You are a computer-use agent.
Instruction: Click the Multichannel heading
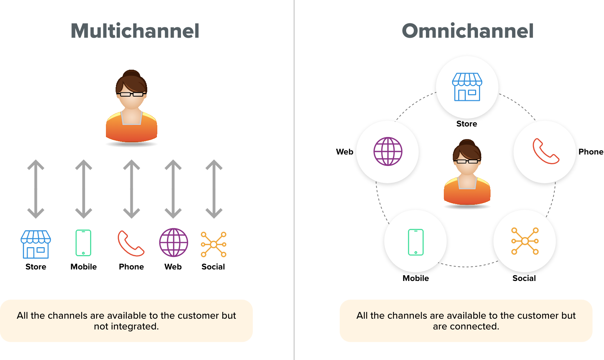(x=135, y=31)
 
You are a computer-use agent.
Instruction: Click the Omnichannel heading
(x=468, y=31)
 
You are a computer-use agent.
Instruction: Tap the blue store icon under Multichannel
(x=36, y=244)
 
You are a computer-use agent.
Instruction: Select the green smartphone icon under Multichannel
(x=83, y=243)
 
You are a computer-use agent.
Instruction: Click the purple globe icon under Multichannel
(x=173, y=243)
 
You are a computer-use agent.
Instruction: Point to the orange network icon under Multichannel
(x=214, y=244)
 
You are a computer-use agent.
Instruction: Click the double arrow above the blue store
(x=36, y=189)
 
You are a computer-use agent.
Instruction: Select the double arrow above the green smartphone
(x=84, y=189)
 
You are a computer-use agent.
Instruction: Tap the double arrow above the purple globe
(x=173, y=189)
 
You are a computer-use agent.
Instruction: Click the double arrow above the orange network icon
(x=214, y=189)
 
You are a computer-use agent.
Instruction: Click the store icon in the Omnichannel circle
(x=467, y=87)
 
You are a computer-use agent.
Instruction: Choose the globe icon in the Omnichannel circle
(x=388, y=151)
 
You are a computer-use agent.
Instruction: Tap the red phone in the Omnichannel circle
(x=545, y=151)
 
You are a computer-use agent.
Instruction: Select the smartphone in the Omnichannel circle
(x=416, y=242)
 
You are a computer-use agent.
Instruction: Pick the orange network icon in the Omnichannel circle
(x=525, y=241)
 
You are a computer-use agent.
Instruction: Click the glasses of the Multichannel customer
(x=131, y=94)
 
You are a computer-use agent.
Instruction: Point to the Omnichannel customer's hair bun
(x=467, y=143)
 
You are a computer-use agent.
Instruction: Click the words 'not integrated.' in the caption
(x=126, y=326)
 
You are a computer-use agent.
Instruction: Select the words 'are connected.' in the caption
(x=466, y=326)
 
